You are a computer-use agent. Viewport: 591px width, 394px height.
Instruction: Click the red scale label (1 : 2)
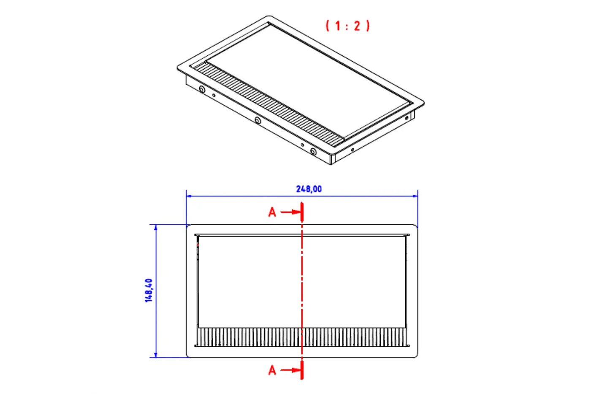pos(348,26)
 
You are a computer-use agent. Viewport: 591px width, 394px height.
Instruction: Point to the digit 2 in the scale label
pos(357,26)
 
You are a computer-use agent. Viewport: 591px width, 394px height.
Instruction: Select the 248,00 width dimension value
pos(309,189)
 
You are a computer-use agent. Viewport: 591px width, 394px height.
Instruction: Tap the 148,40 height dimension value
pos(149,290)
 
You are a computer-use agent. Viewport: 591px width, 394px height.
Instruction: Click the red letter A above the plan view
pos(272,212)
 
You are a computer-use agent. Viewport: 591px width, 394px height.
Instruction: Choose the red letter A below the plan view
pos(272,370)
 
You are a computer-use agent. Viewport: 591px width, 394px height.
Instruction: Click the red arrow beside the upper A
pos(290,212)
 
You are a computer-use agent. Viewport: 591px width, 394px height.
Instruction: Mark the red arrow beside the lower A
pos(290,370)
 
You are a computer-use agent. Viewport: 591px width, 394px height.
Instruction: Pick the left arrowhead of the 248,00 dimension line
pos(189,196)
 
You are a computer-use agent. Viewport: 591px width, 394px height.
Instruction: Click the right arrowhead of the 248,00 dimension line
pos(415,196)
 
